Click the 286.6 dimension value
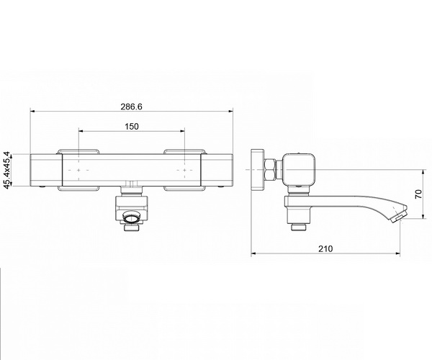pos(132,107)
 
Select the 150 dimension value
pos(132,127)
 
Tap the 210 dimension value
pos(325,248)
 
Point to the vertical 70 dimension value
pos(418,194)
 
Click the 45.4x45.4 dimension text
pos(7,170)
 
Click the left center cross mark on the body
pos(78,170)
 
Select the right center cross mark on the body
pos(184,170)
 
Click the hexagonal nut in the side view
pos(270,170)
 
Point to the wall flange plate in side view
pos(257,170)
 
